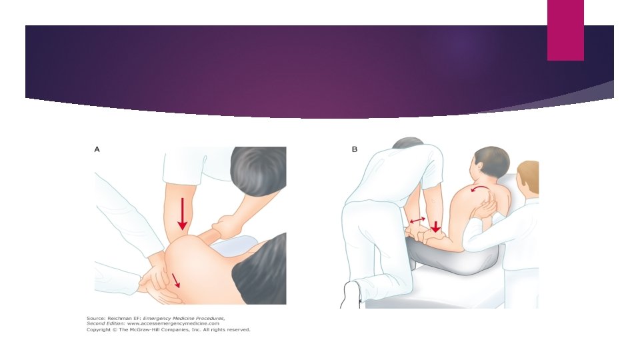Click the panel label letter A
click(97, 149)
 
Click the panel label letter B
click(354, 149)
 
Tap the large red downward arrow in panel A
click(183, 213)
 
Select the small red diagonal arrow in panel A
click(175, 281)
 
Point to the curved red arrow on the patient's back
click(480, 188)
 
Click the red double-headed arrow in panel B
click(417, 221)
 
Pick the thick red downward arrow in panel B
click(436, 227)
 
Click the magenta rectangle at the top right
click(565, 30)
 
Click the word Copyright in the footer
click(99, 330)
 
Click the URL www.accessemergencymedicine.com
click(173, 324)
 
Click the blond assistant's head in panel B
click(528, 178)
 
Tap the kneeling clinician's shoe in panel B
click(350, 294)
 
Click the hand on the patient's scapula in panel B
click(486, 206)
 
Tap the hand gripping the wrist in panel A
click(224, 226)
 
